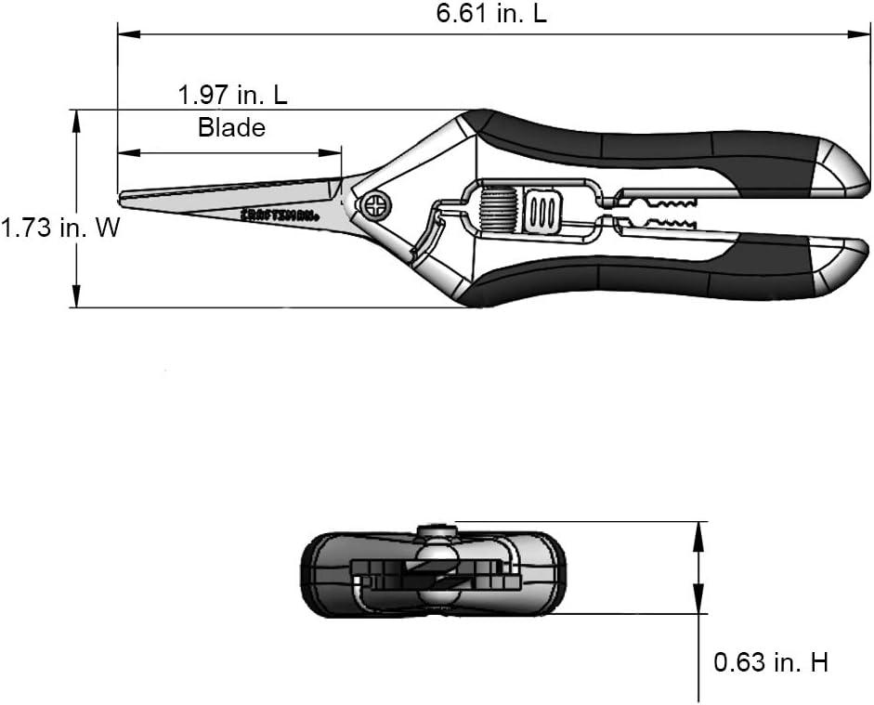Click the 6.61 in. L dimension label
491,13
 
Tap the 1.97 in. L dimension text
232,95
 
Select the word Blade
231,127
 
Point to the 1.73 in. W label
59,228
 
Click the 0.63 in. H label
771,662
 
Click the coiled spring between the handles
499,209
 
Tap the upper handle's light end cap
841,168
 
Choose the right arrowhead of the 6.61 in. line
859,34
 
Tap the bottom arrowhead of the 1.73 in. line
76,296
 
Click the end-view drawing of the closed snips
433,571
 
